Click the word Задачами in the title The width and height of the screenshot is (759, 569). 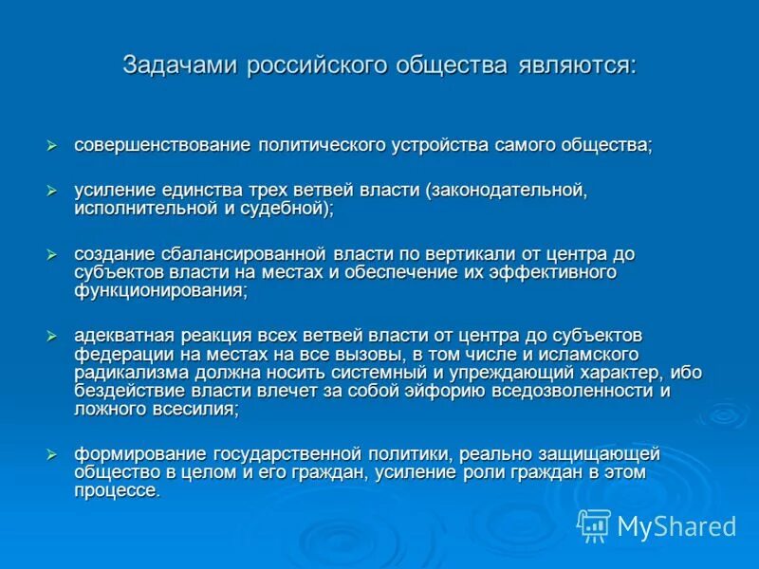pos(180,65)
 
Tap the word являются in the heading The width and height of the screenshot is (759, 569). pos(577,65)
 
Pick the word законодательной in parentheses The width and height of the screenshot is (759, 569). pos(508,191)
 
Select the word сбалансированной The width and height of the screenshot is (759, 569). pos(237,254)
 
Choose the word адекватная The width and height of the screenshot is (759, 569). pos(122,336)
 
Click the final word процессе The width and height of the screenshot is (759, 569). pos(118,490)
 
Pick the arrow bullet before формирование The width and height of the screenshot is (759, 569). pos(53,454)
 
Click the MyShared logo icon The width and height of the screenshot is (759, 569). pos(594,524)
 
